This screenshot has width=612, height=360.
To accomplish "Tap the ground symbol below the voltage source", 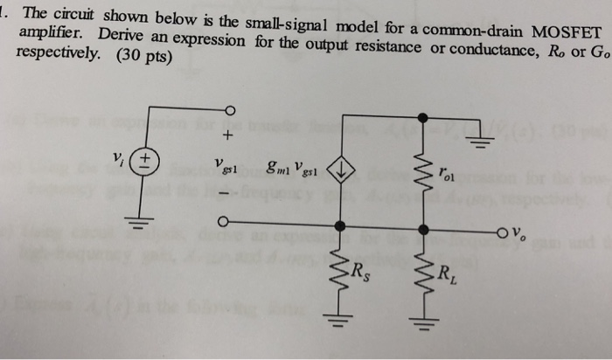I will (139, 224).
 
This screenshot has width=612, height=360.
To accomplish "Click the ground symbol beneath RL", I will (424, 325).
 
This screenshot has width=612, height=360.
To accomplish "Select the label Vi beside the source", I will (118, 158).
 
